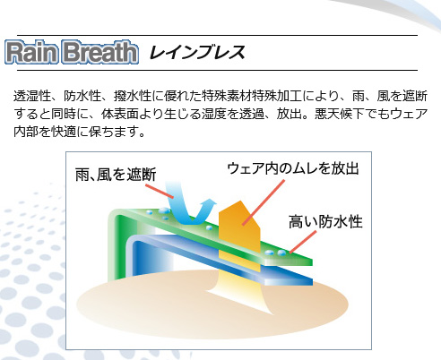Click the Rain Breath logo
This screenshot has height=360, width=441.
coord(72,52)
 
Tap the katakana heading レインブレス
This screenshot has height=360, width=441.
coord(197,52)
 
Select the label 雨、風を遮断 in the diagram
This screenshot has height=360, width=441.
coord(116,175)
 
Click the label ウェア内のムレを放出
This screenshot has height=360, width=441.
coord(293,168)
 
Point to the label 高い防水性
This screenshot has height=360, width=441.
coord(325,221)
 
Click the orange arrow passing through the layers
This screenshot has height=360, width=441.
coord(239,236)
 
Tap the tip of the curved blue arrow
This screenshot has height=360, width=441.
coord(213,201)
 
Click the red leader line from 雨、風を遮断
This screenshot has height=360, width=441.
coord(160,191)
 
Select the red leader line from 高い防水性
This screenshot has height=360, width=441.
coord(303,242)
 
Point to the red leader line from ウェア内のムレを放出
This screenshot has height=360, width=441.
coord(264,202)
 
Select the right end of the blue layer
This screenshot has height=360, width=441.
coord(313,281)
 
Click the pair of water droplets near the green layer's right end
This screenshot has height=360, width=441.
coord(275,253)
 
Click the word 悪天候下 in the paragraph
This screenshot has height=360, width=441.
coord(340,114)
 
